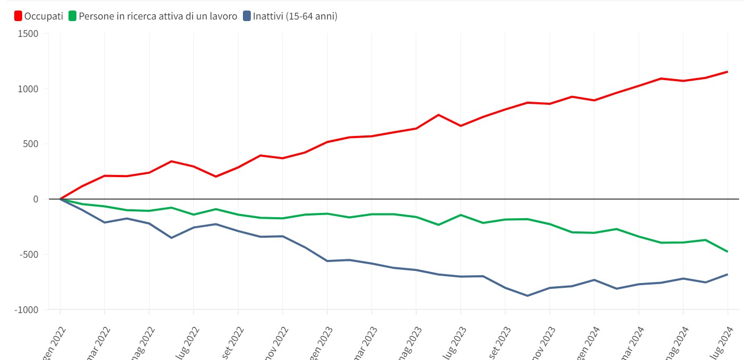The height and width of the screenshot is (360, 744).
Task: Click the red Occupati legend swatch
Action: pyautogui.click(x=18, y=16)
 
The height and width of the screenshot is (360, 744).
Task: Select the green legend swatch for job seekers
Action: pyautogui.click(x=73, y=16)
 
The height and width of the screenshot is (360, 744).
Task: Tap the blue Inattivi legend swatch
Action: pyautogui.click(x=247, y=16)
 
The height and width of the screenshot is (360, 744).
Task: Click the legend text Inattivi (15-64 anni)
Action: pyautogui.click(x=295, y=16)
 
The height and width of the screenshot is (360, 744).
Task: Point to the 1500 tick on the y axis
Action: pyautogui.click(x=28, y=34)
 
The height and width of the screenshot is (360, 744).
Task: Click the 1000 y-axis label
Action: pyautogui.click(x=28, y=89)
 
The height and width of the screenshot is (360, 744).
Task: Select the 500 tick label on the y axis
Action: pyautogui.click(x=31, y=144)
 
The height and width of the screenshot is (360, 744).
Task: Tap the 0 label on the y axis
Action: pyautogui.click(x=36, y=199)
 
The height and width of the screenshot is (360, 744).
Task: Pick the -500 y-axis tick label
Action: pyautogui.click(x=30, y=255)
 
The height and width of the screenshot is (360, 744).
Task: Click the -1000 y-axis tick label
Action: pyautogui.click(x=27, y=310)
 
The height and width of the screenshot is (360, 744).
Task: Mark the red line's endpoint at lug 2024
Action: pyautogui.click(x=728, y=72)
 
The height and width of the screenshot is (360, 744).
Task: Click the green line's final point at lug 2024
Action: pyautogui.click(x=728, y=251)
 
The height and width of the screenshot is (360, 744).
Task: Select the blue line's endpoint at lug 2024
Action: pyautogui.click(x=728, y=274)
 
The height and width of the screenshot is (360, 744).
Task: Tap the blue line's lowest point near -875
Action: pyautogui.click(x=527, y=296)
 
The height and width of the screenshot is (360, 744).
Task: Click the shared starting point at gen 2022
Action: pyautogui.click(x=60, y=199)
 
